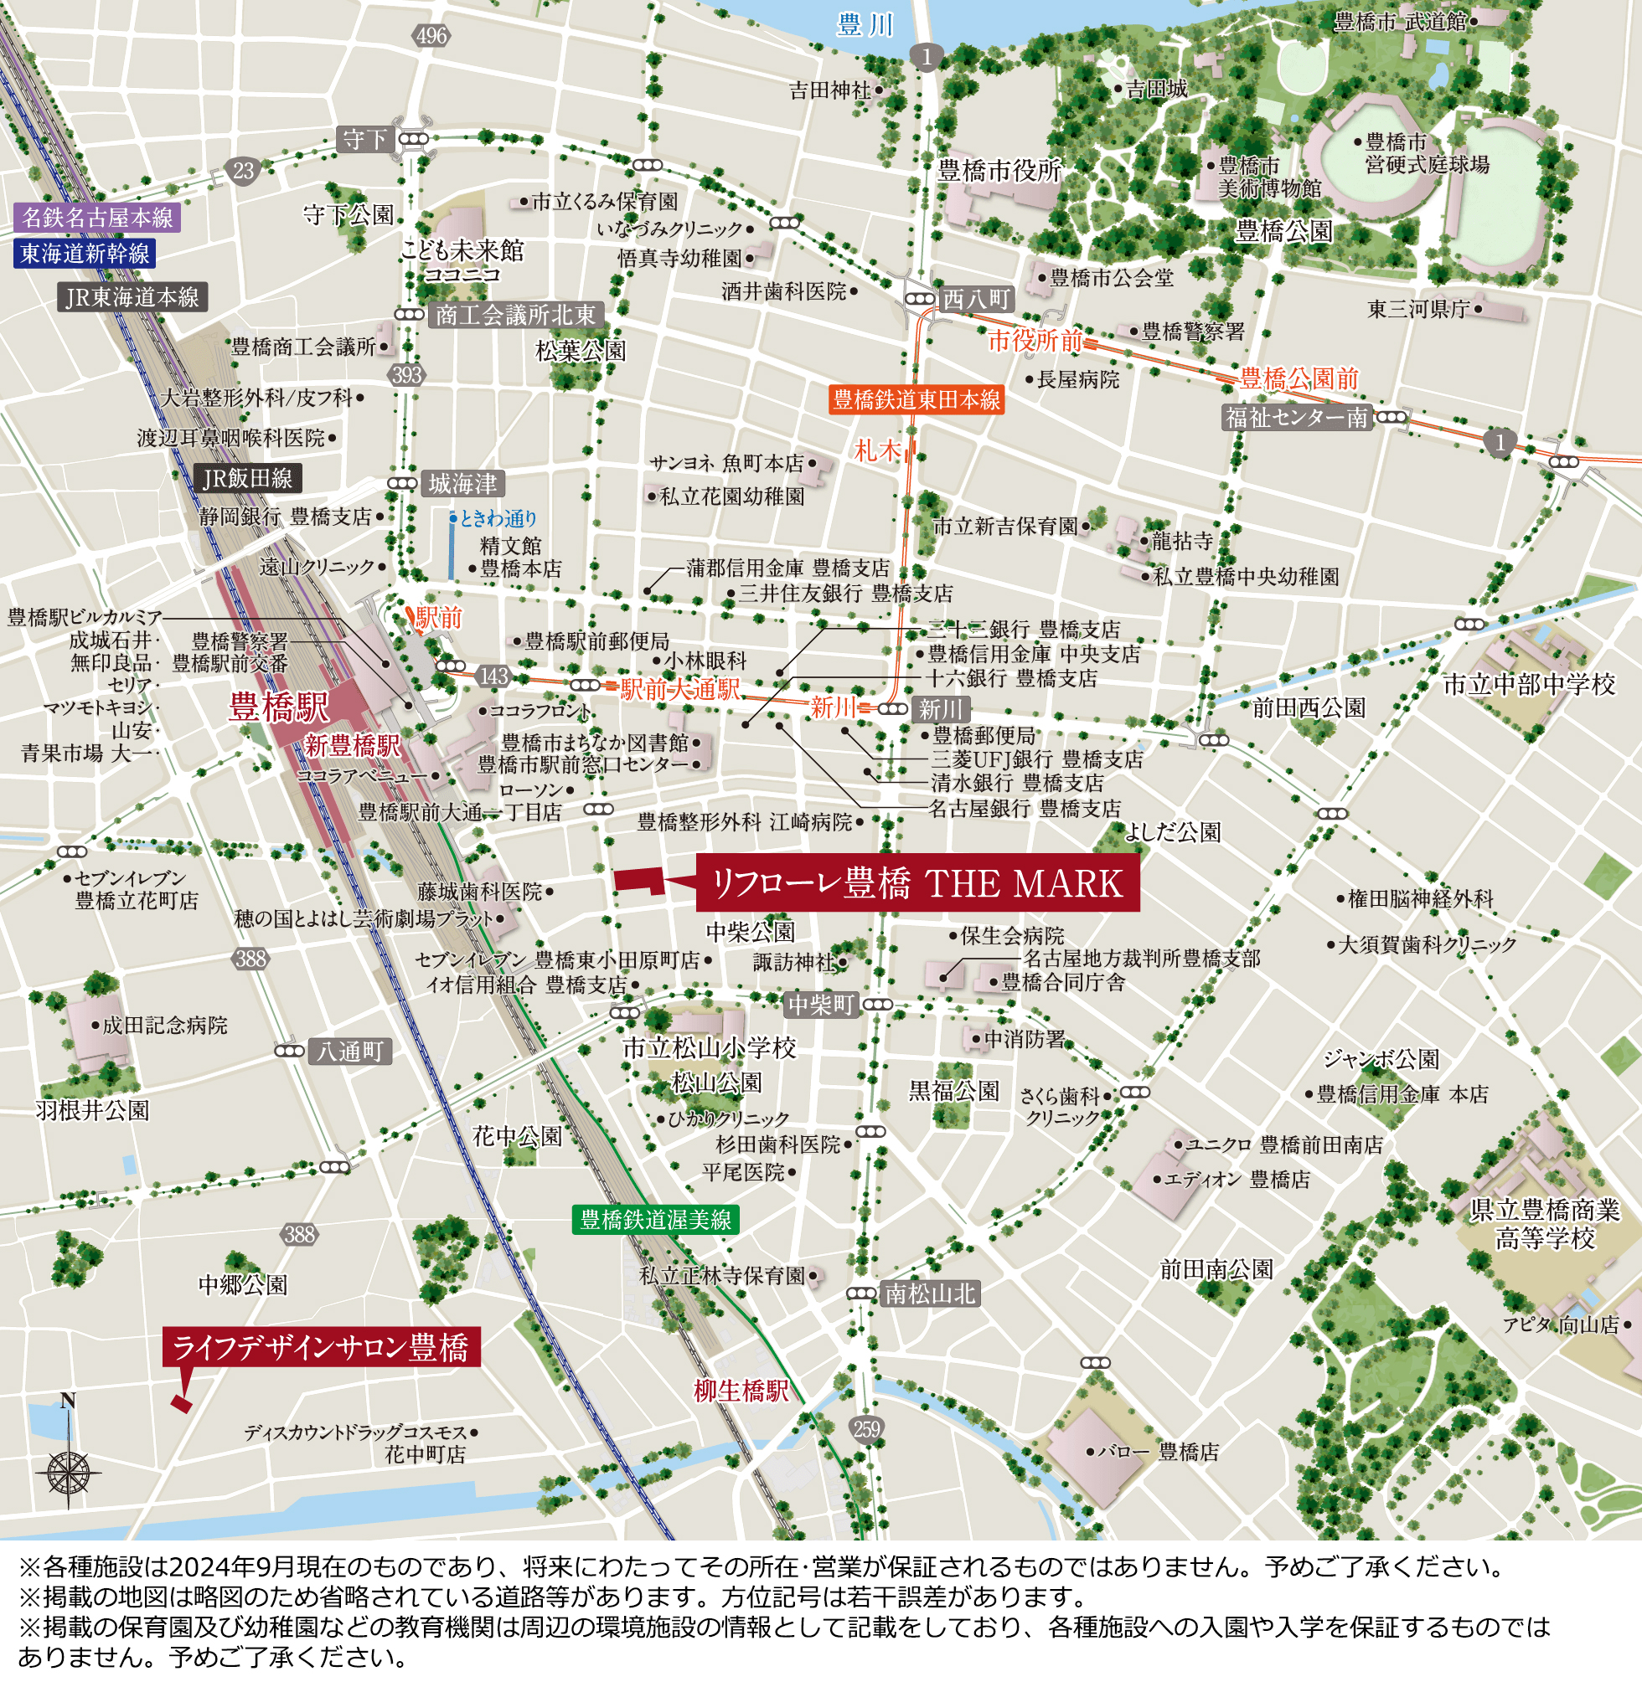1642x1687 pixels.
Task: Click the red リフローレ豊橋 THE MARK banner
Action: [917, 883]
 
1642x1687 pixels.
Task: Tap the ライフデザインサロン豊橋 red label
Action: [321, 1346]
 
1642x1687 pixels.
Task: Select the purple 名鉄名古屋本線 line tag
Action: [96, 217]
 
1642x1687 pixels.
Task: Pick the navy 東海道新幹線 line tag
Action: [85, 254]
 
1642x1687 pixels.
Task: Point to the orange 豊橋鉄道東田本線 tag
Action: [916, 399]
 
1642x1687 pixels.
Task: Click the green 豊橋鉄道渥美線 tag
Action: [655, 1219]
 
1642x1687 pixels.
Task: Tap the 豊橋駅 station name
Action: [278, 707]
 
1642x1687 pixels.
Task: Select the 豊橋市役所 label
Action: [999, 171]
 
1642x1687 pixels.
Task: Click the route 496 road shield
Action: [431, 35]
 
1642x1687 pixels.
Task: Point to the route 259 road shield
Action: [866, 1428]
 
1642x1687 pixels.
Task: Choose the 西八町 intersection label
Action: [976, 299]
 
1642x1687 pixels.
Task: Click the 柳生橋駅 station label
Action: [741, 1391]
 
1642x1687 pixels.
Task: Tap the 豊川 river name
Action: [865, 25]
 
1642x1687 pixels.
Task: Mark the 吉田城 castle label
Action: [1156, 89]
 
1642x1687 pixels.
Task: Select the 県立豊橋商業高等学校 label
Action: [1545, 1224]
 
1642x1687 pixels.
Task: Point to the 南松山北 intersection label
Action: [931, 1293]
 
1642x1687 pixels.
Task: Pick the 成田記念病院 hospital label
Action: [165, 1025]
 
